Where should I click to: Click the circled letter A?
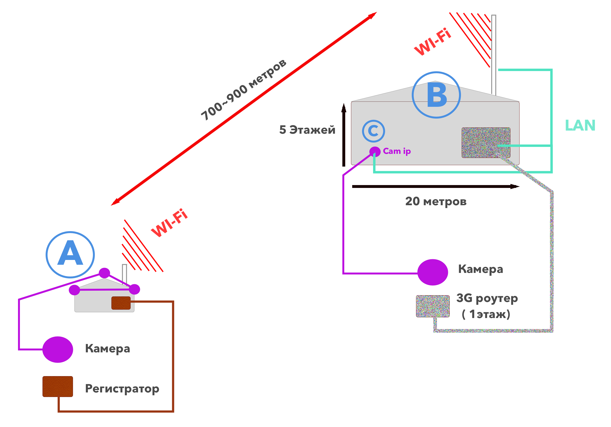70,254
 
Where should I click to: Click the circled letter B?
436,95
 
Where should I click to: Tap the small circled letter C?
373,131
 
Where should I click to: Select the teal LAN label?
580,125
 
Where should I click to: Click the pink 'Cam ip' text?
397,151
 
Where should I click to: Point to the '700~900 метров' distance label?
243,90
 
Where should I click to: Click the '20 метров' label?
436,201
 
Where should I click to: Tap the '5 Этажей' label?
307,130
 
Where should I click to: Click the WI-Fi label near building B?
433,42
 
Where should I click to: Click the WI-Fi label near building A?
169,223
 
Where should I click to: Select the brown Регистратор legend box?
58,386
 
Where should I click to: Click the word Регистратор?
122,389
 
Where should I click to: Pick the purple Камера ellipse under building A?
58,349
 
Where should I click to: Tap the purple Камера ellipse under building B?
433,272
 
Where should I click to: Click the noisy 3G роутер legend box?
433,306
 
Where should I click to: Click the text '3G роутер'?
487,298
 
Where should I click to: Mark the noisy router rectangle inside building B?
486,143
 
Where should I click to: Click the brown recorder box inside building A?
121,303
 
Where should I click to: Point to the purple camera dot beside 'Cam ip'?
375,151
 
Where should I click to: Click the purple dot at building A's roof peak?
104,273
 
